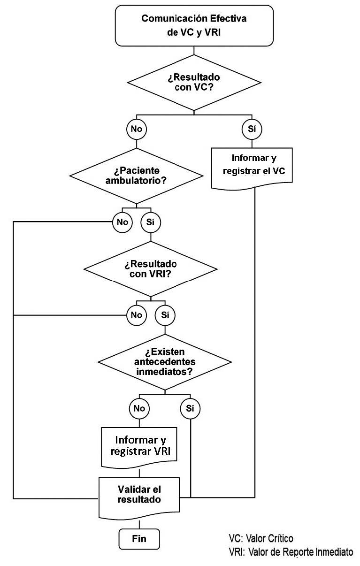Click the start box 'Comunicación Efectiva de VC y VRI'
click(194, 25)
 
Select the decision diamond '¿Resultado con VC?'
click(194, 82)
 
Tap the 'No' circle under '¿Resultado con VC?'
click(136, 129)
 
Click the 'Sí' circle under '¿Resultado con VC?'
click(252, 129)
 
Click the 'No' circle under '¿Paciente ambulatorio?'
click(122, 222)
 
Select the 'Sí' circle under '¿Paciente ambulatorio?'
click(150, 222)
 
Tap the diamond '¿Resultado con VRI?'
click(150, 269)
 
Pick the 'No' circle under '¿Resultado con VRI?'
click(136, 314)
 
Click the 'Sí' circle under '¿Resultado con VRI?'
click(165, 314)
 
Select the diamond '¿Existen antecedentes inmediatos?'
click(164, 362)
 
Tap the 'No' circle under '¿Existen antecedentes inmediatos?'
click(139, 408)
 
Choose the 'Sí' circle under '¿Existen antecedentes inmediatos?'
click(190, 408)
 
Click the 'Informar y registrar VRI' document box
click(139, 446)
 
